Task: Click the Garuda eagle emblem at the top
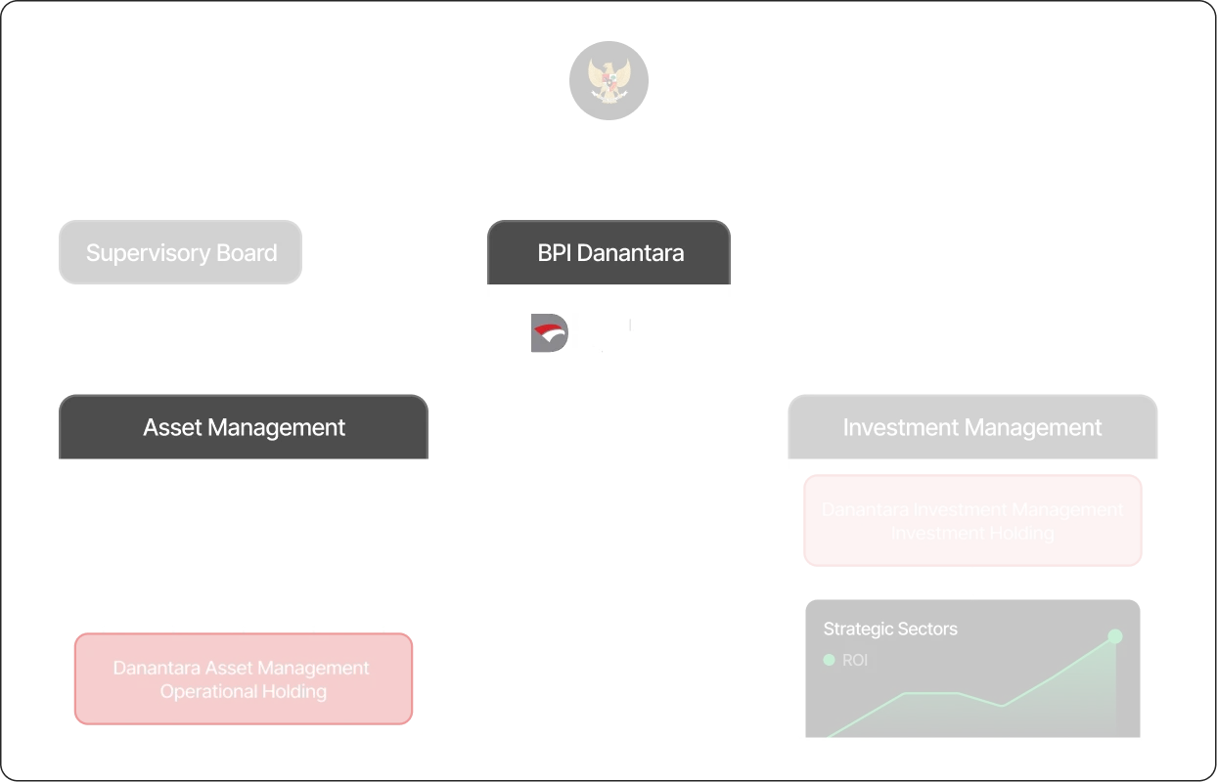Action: click(x=608, y=79)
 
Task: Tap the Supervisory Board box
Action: click(x=181, y=253)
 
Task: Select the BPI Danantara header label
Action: click(x=610, y=253)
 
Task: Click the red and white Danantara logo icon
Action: click(x=546, y=333)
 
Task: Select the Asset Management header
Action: click(x=244, y=427)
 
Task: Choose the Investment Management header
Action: click(x=972, y=427)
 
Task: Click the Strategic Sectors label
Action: click(x=890, y=629)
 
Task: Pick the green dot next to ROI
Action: click(x=830, y=660)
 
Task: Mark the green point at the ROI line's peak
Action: click(x=1114, y=636)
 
